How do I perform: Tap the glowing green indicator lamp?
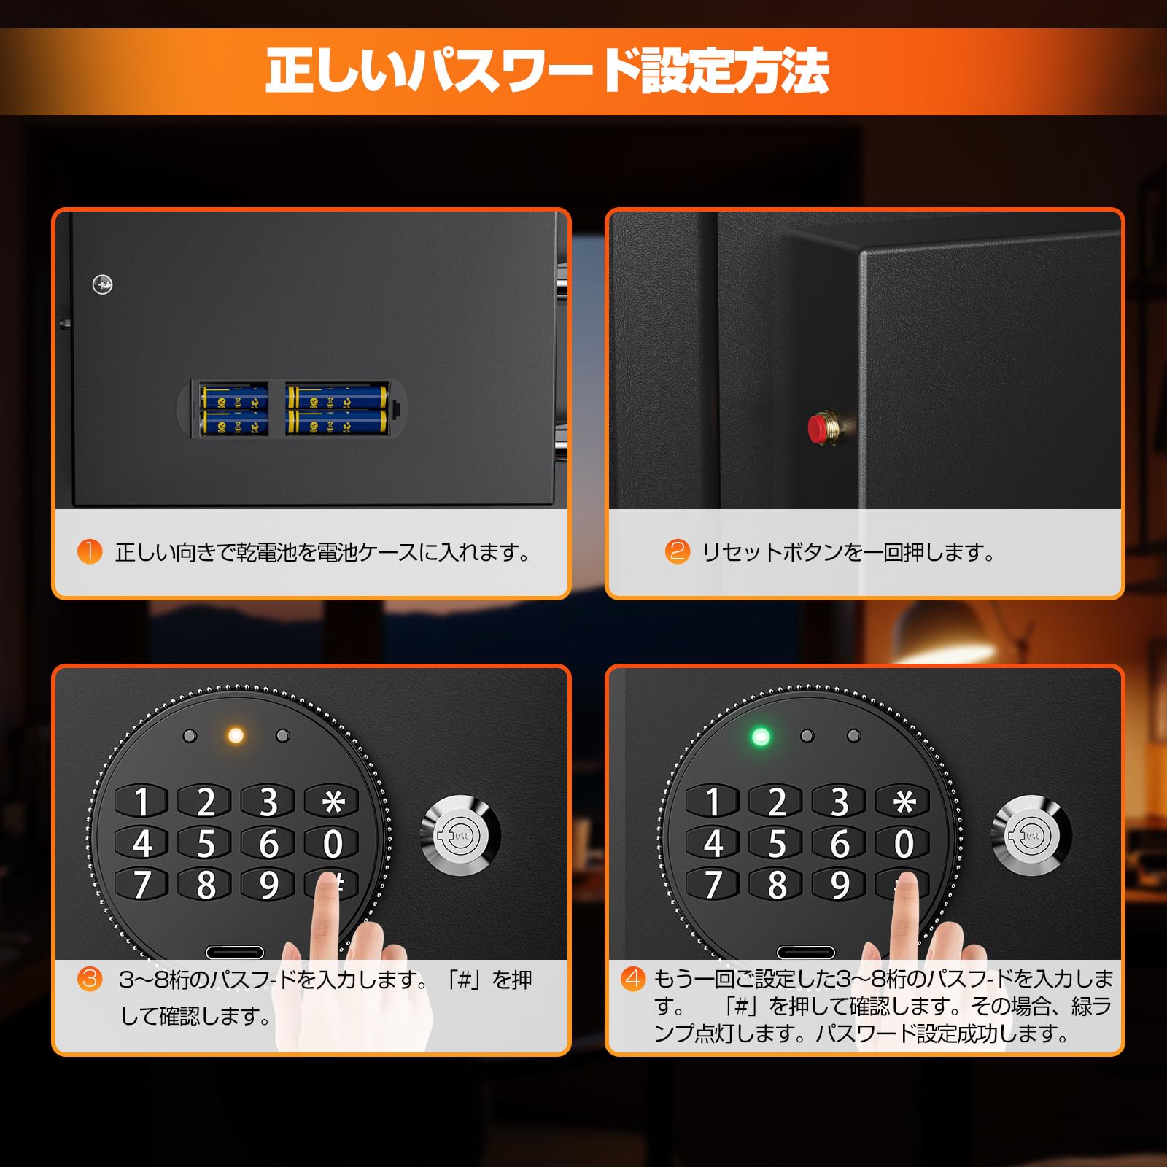coord(761,737)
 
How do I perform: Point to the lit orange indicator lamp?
coord(236,735)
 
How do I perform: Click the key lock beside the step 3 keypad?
coord(461,834)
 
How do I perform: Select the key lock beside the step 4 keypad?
coord(1031,834)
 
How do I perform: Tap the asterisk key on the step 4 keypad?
coord(904,802)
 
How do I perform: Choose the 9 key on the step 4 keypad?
coord(840,885)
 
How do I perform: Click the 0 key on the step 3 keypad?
coord(333,844)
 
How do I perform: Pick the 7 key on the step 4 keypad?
coord(713,885)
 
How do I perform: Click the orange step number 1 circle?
coord(90,551)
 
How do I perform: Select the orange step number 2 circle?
coord(678,551)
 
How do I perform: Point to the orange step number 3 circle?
coord(90,978)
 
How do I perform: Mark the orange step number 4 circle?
coord(633,978)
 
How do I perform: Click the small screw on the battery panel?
coord(103,284)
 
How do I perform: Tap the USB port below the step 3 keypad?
coord(234,952)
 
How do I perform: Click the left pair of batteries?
coord(235,411)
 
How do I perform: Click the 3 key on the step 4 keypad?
coord(840,802)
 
